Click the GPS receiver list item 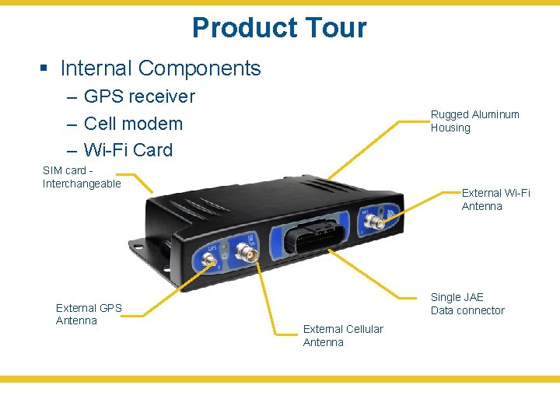(138, 96)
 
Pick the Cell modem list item (132, 123)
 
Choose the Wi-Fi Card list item (128, 149)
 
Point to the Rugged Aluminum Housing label (474, 121)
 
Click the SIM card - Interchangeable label (82, 177)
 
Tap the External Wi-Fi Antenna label (495, 199)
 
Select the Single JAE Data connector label (467, 303)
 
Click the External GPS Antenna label (89, 313)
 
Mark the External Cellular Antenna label (342, 335)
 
